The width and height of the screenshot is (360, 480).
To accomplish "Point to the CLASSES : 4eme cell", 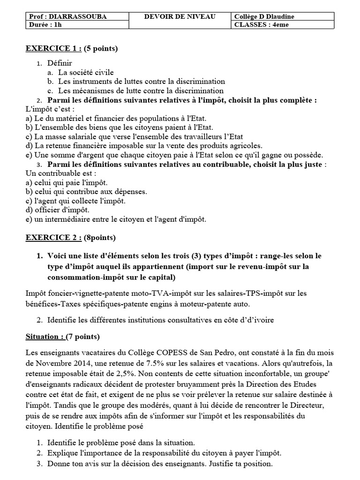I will [262, 25].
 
